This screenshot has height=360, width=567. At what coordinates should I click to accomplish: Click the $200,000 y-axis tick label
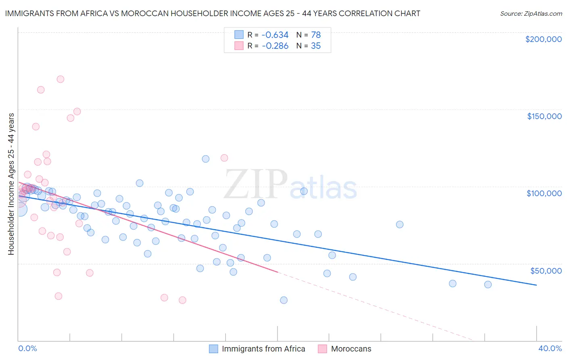[x=543, y=39]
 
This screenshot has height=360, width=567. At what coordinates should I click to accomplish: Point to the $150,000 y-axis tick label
[x=544, y=116]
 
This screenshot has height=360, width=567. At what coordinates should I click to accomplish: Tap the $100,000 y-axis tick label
[x=544, y=193]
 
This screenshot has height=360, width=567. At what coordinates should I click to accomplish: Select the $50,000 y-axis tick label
[x=546, y=270]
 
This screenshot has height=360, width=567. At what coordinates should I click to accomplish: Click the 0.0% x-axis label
[x=27, y=348]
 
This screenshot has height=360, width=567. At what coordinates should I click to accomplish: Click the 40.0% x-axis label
[x=550, y=348]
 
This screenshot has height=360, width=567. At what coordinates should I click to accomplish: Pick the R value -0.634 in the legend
[x=275, y=35]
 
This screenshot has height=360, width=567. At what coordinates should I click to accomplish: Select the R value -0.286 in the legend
[x=275, y=46]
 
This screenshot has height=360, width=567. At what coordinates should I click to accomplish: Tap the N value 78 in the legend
[x=316, y=35]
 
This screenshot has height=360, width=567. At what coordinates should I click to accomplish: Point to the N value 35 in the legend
[x=316, y=46]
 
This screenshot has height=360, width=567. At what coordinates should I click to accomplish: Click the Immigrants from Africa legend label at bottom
[x=263, y=349]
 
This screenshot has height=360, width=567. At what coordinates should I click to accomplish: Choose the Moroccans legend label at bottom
[x=351, y=349]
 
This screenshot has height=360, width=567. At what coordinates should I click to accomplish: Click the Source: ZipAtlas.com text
[x=531, y=14]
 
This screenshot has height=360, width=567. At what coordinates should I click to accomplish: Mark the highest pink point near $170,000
[x=60, y=79]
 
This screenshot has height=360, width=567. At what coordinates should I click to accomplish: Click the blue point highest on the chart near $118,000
[x=206, y=159]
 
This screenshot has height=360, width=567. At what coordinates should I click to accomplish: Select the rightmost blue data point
[x=488, y=285]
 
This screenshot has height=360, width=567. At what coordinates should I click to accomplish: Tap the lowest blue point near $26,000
[x=283, y=300]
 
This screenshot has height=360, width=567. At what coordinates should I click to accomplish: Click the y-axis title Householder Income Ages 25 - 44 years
[x=11, y=184]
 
